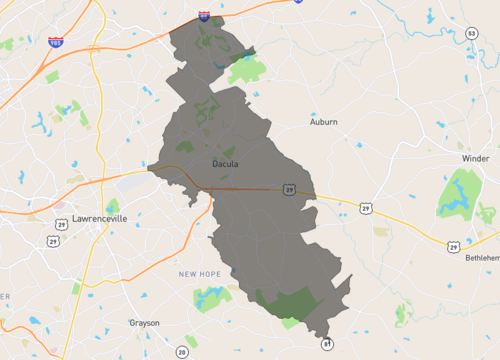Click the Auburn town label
pos(323,122)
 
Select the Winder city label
pos(475,159)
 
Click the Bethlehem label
pos(482,257)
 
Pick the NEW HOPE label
pos(200,273)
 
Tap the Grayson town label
pos(144,323)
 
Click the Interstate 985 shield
pos(54,43)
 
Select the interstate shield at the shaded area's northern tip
pos(204,15)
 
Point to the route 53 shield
pos(470,34)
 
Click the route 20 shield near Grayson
pos(181,352)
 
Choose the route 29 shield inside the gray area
pos(288,188)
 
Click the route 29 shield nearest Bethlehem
pos(453,245)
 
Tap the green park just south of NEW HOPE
pos(211,297)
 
